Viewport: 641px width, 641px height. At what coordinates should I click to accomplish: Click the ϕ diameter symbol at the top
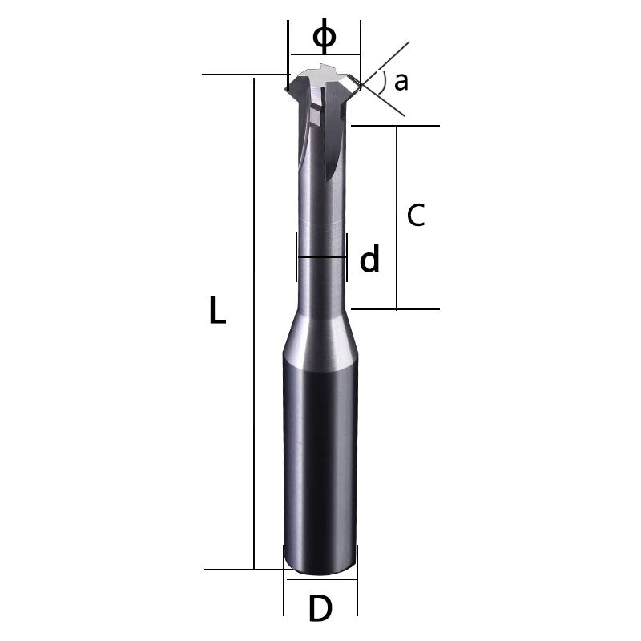tap(324, 36)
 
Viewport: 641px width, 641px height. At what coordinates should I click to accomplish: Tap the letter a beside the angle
tap(401, 81)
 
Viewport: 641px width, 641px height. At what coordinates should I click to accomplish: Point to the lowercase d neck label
tap(369, 260)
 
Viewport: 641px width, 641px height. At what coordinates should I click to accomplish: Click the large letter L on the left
tap(216, 311)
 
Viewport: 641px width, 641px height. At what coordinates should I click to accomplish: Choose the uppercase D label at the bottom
tap(320, 610)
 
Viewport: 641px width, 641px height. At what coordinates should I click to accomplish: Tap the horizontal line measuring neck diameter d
tap(321, 258)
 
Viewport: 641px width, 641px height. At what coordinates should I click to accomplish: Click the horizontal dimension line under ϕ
tap(324, 54)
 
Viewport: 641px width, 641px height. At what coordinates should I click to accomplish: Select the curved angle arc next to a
tap(384, 82)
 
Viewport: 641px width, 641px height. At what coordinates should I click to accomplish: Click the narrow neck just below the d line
tap(321, 284)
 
